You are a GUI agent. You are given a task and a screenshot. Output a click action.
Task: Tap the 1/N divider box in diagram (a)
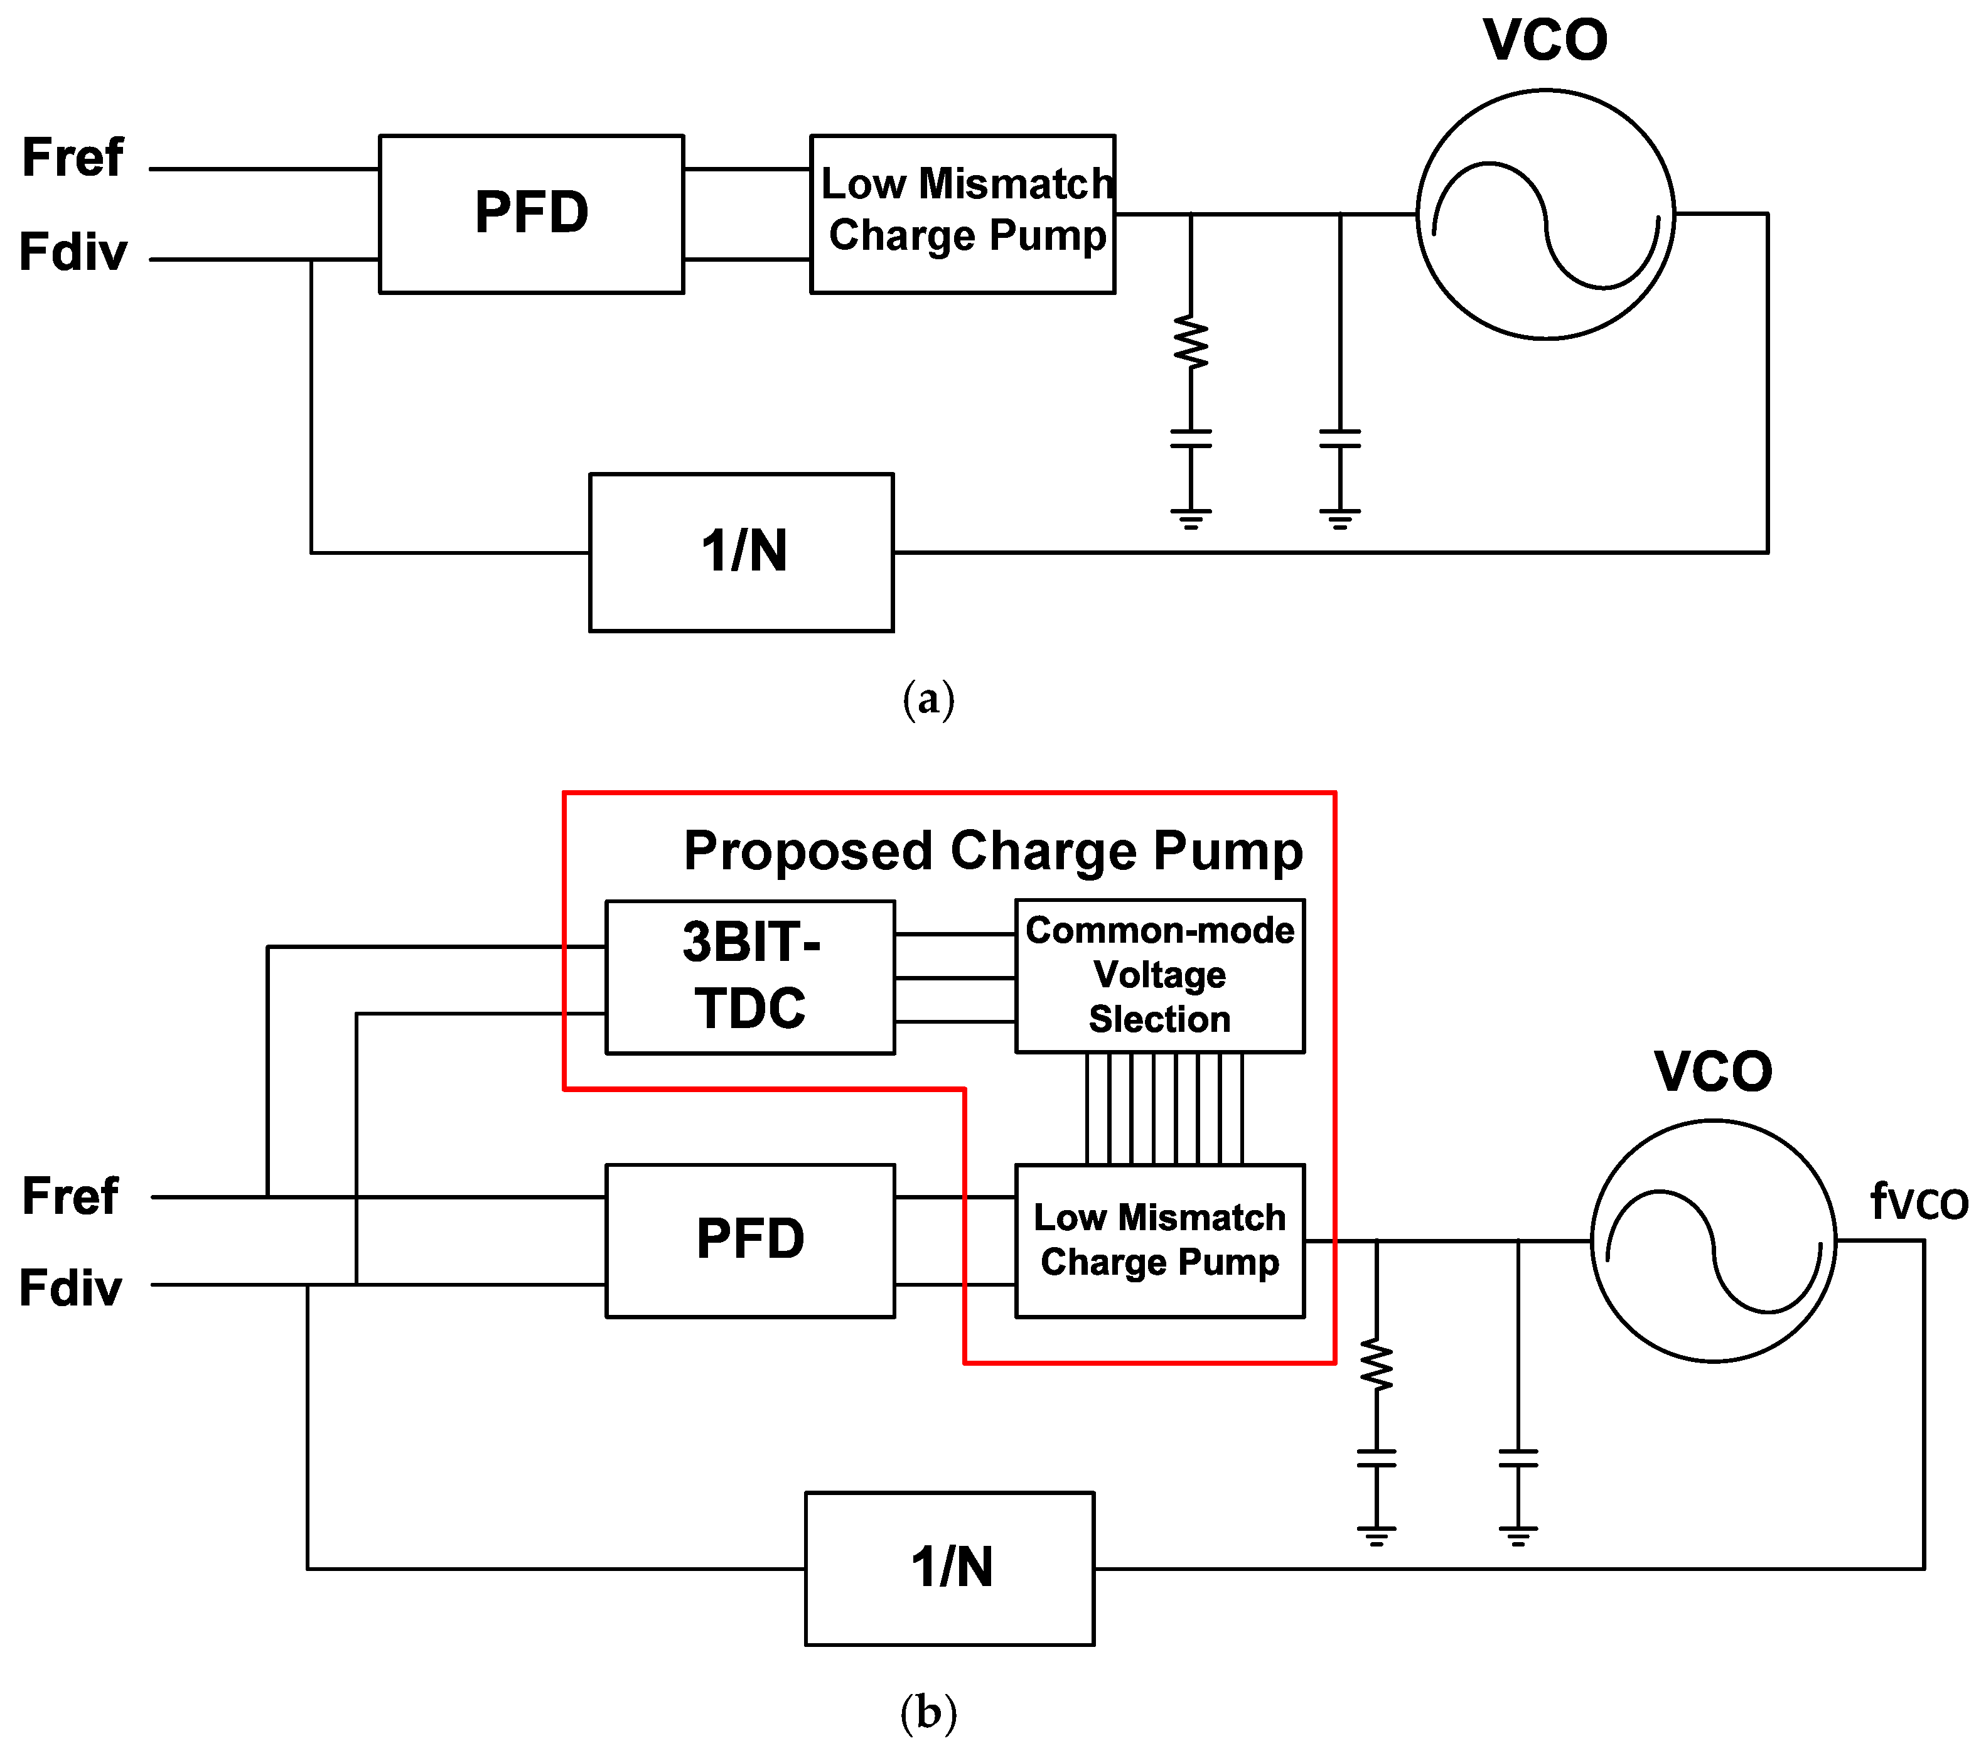741,552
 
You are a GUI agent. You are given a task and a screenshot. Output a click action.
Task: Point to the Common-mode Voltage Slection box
1159,975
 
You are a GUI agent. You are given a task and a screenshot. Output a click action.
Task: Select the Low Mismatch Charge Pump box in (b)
1159,1240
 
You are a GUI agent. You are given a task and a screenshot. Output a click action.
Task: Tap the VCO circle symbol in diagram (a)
1545,214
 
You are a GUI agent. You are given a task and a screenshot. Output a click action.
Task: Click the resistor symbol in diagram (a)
1191,342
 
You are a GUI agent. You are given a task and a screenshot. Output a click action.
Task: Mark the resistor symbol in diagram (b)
1376,1364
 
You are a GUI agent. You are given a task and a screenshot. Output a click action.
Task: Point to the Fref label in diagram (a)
73,158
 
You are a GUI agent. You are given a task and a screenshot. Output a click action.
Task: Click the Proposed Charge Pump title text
993,851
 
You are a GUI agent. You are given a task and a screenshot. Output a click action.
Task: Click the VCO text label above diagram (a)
1545,41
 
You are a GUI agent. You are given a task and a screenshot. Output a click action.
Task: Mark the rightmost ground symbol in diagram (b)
1518,1535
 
